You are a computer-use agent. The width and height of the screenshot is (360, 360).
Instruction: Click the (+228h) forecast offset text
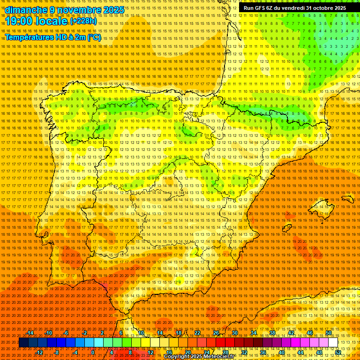click(x=83, y=21)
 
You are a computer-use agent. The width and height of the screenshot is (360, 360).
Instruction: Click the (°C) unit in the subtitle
click(x=94, y=37)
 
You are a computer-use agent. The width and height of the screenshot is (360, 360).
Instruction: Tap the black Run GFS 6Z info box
click(x=294, y=8)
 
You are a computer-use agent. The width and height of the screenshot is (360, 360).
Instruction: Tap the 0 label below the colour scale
click(x=93, y=352)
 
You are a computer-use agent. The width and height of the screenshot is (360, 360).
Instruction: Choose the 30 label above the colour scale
click(x=234, y=333)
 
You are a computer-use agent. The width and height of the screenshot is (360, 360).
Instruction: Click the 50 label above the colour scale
click(x=329, y=333)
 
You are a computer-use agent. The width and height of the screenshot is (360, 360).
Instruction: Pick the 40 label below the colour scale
click(x=281, y=352)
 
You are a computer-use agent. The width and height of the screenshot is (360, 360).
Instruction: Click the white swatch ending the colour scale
click(x=333, y=343)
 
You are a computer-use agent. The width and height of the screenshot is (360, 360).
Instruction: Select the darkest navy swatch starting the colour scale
click(x=23, y=343)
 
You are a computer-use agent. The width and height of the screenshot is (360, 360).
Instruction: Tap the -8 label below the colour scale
click(x=57, y=352)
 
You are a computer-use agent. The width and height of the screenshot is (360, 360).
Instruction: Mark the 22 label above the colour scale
click(x=197, y=333)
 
